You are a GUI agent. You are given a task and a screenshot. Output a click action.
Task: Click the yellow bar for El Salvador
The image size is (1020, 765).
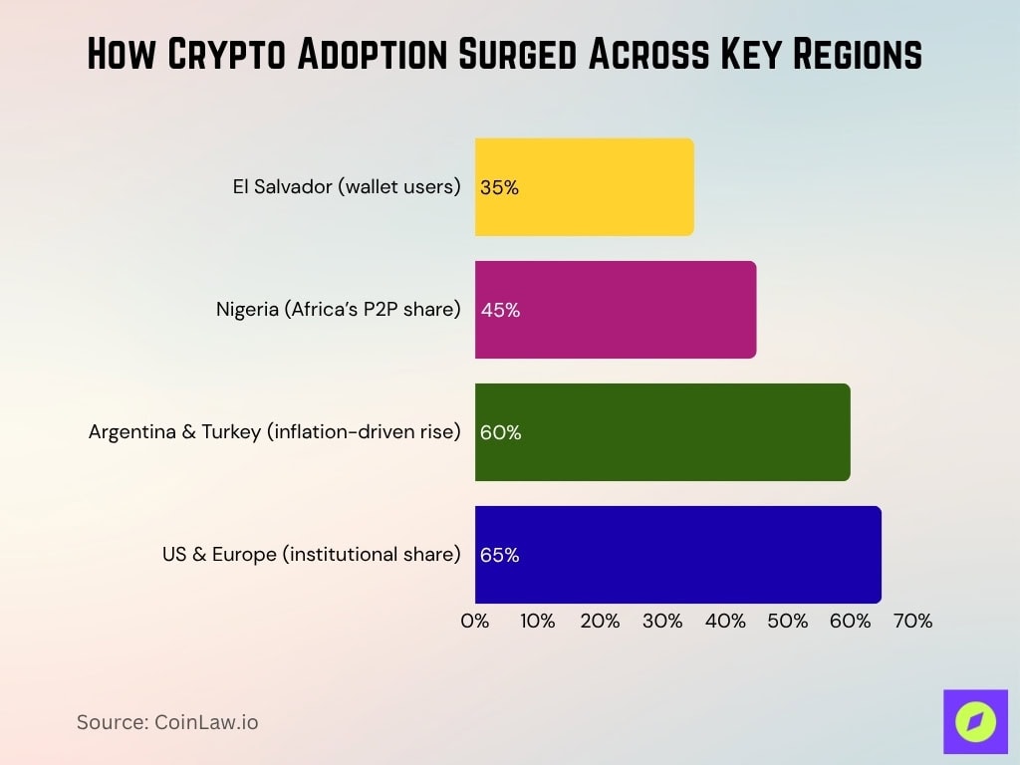(585, 186)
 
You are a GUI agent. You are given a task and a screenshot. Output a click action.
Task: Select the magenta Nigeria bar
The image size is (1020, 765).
(616, 309)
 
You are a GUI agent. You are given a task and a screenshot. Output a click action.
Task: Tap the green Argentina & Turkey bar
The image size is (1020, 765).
(662, 431)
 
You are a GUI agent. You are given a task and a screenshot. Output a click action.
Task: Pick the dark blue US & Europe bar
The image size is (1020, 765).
(678, 554)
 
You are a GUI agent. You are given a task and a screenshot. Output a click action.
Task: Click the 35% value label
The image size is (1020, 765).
(499, 187)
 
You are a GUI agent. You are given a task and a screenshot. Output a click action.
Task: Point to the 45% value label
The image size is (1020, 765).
(500, 310)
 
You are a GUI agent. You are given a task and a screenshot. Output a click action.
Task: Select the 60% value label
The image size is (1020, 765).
(500, 432)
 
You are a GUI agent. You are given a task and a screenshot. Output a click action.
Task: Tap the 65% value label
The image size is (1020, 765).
(500, 555)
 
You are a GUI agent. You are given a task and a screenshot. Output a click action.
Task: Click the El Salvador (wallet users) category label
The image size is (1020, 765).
(345, 187)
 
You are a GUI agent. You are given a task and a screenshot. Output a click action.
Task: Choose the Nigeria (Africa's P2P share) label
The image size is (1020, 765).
(339, 310)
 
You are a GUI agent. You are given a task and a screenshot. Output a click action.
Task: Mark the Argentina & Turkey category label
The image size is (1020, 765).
(275, 432)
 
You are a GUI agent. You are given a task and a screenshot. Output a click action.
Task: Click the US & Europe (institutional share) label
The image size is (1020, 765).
(312, 555)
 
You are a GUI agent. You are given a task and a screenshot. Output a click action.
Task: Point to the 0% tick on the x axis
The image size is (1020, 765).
(475, 621)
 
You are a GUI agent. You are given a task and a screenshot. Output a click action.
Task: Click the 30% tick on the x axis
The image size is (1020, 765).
(662, 621)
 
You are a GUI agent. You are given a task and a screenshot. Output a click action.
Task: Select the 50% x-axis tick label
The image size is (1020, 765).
(788, 621)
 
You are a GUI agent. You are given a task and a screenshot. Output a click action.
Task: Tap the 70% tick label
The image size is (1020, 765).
(912, 621)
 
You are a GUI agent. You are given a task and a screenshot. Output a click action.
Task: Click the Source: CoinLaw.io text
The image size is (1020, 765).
(167, 722)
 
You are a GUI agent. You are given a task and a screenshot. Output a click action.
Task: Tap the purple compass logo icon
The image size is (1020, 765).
(975, 721)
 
